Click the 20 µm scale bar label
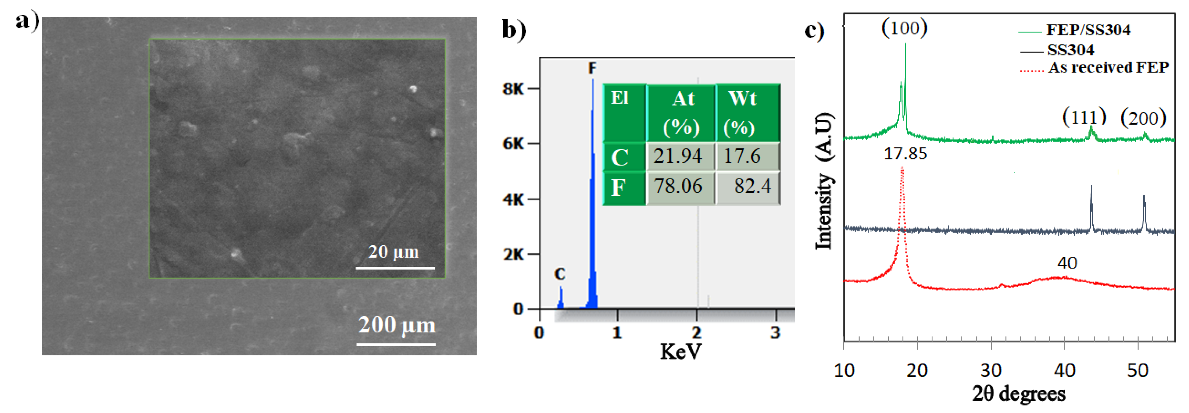393,252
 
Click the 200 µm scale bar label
396,325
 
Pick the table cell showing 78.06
678,186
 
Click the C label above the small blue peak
560,274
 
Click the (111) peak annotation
1084,117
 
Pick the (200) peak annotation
1143,118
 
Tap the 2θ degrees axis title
1019,394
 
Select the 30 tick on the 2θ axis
991,370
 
